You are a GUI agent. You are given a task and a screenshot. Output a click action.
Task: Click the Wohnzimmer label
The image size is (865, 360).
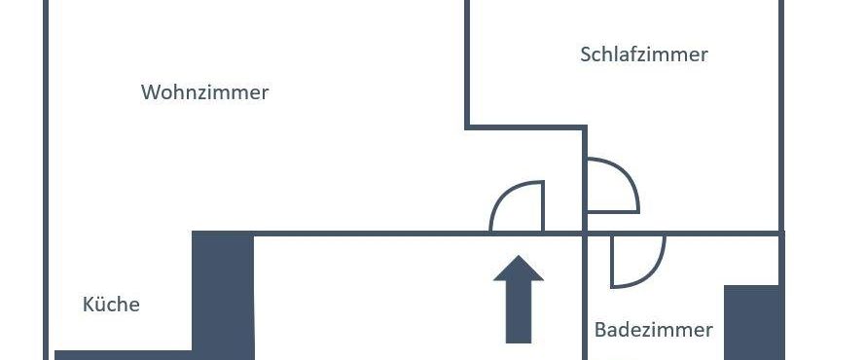204,92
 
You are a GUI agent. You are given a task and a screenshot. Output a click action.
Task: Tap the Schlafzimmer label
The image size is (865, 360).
644,54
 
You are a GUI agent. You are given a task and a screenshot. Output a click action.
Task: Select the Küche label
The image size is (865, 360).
111,305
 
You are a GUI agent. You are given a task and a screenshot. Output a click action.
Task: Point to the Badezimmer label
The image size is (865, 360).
653,330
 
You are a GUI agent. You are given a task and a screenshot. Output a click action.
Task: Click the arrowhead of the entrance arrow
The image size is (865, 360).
519,271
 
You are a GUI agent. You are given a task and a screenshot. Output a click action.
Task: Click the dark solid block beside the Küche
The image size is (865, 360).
223,292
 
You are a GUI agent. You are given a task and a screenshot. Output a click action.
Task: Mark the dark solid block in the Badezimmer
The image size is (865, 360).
753,321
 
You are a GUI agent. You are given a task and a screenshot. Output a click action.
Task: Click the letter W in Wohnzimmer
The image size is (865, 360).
150,92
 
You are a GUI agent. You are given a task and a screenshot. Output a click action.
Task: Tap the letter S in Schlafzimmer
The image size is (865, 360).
586,54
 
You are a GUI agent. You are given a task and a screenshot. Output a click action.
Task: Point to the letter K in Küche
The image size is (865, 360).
88,305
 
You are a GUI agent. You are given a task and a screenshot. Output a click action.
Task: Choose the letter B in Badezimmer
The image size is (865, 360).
600,330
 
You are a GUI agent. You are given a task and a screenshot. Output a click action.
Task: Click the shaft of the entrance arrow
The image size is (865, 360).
519,316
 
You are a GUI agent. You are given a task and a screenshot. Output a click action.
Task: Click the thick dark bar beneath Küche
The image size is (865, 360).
123,354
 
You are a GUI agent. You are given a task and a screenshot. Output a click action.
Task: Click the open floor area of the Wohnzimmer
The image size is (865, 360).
243,165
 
